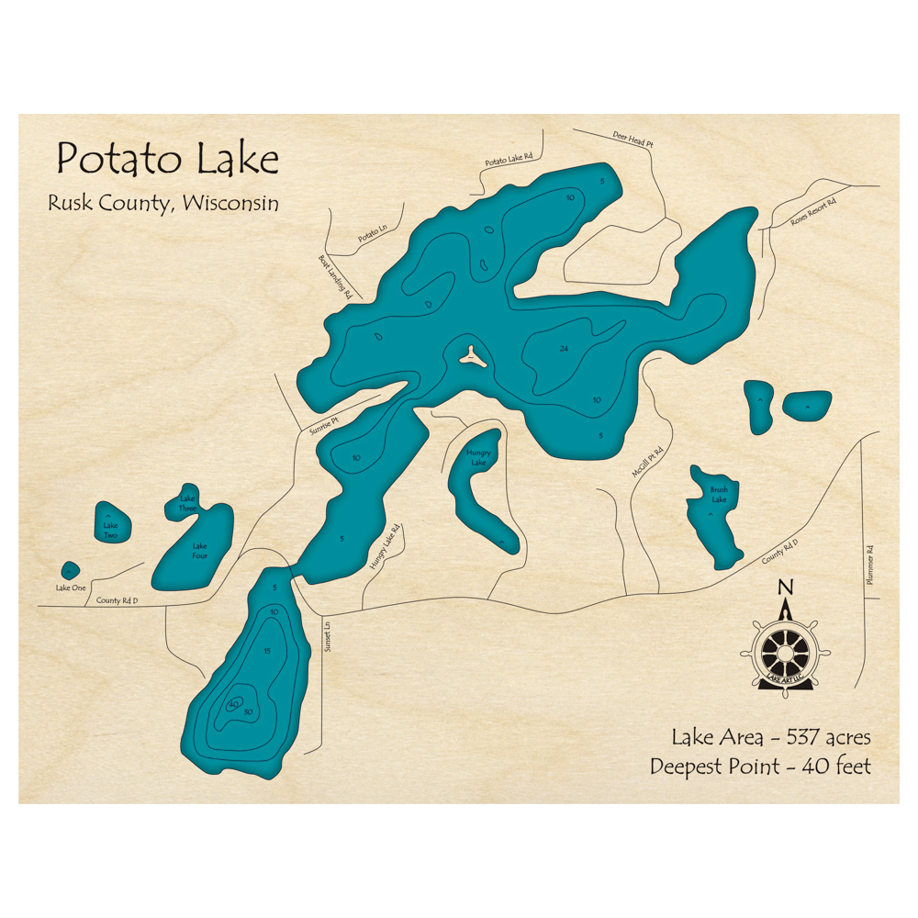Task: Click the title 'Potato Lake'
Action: (x=167, y=160)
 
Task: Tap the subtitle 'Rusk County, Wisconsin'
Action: (x=162, y=203)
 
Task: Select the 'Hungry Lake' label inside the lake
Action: (x=477, y=457)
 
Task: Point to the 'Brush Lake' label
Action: (x=718, y=495)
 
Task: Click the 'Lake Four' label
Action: (x=199, y=550)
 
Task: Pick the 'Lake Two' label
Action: (x=110, y=531)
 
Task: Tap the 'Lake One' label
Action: (x=70, y=588)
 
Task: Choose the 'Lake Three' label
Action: (x=187, y=503)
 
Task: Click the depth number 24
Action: (x=564, y=348)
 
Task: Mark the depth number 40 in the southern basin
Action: (x=233, y=704)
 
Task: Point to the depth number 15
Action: (x=266, y=651)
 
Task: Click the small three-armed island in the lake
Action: (x=471, y=356)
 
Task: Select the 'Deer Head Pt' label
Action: (x=633, y=140)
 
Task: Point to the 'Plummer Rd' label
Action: (x=869, y=565)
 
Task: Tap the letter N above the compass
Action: (x=784, y=588)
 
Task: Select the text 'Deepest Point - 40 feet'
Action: (x=760, y=766)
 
